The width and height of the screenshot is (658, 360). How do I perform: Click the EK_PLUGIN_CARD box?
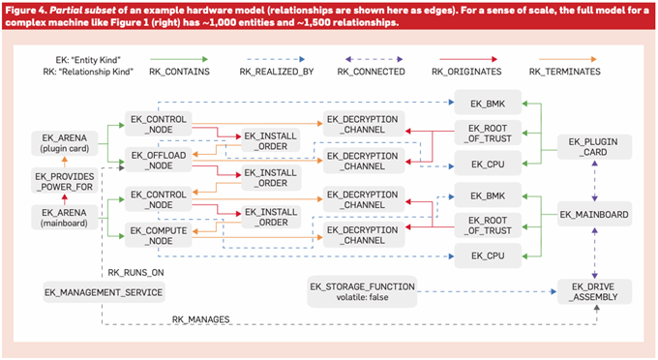[x=595, y=147]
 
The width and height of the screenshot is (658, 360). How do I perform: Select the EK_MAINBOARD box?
[x=595, y=215]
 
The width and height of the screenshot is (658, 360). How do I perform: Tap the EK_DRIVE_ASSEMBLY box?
[x=595, y=291]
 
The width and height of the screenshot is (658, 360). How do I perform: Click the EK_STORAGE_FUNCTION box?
[x=362, y=291]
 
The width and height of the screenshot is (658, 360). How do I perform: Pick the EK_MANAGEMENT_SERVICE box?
[x=104, y=292]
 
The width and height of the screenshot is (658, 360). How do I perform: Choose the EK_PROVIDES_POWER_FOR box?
[x=64, y=181]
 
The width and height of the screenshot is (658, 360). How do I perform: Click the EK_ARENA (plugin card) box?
[x=64, y=143]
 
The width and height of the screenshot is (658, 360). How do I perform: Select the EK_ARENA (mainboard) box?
[x=64, y=218]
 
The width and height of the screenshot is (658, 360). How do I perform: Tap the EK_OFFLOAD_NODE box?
[x=158, y=161]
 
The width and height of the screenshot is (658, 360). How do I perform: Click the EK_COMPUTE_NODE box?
[x=158, y=235]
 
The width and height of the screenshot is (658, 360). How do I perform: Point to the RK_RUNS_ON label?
[x=135, y=273]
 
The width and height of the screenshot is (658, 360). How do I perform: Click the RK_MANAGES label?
[x=200, y=319]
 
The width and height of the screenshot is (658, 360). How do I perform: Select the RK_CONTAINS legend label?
[x=179, y=72]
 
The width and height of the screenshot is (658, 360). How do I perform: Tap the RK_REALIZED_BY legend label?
[x=277, y=72]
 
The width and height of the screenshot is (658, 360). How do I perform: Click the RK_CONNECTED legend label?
[x=371, y=72]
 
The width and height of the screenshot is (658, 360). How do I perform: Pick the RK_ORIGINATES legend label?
[x=466, y=72]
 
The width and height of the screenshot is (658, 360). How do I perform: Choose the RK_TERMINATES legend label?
[x=564, y=72]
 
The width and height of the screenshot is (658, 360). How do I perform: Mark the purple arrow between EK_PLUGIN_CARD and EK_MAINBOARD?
[x=595, y=181]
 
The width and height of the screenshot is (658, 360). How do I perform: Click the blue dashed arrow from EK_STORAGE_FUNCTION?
[x=487, y=291]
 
